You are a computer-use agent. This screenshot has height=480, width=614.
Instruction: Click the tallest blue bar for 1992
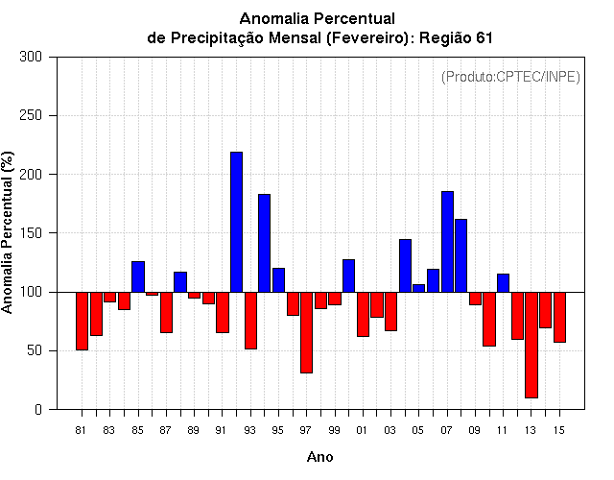point(237,222)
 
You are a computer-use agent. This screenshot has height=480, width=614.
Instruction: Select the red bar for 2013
point(531,345)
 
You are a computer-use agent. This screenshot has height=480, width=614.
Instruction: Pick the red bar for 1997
point(307,332)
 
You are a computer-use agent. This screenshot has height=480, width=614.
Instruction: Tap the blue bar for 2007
point(447,242)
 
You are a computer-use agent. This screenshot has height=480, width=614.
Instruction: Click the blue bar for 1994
point(265,243)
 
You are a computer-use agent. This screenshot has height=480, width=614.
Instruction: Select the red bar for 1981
point(82,321)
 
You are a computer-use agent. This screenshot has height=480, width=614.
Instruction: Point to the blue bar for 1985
point(138,276)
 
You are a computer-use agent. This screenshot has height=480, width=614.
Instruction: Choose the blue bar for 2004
point(405,266)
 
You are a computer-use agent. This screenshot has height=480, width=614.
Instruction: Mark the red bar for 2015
point(559,317)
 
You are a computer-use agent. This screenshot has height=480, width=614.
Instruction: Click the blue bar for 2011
point(503,283)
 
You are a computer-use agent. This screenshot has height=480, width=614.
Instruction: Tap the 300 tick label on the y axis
point(31,57)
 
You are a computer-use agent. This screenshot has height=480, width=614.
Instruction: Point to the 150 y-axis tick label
point(31,233)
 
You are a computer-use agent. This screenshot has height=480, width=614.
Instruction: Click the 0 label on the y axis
point(38,410)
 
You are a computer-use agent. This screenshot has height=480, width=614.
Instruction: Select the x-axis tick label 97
point(306,430)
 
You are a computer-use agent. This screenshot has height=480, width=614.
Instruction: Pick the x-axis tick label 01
point(362,430)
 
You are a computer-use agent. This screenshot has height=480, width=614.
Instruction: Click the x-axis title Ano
point(319,457)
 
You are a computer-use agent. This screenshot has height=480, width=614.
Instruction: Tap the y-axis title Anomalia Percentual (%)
point(7,232)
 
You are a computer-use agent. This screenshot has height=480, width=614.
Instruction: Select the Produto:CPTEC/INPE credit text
point(510,77)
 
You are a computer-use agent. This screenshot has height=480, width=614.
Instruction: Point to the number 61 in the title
point(484,38)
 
